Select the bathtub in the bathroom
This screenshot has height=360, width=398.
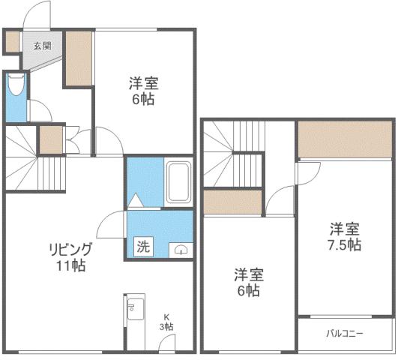178,181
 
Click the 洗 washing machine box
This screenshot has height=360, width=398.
142,244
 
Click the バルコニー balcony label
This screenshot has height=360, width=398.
345,333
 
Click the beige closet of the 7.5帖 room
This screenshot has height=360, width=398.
344,139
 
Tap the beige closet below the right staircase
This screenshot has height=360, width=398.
232,202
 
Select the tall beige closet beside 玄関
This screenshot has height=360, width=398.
77,58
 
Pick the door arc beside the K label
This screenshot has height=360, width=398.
166,343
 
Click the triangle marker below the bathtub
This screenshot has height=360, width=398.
136,201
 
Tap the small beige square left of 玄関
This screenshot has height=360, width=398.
11,43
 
